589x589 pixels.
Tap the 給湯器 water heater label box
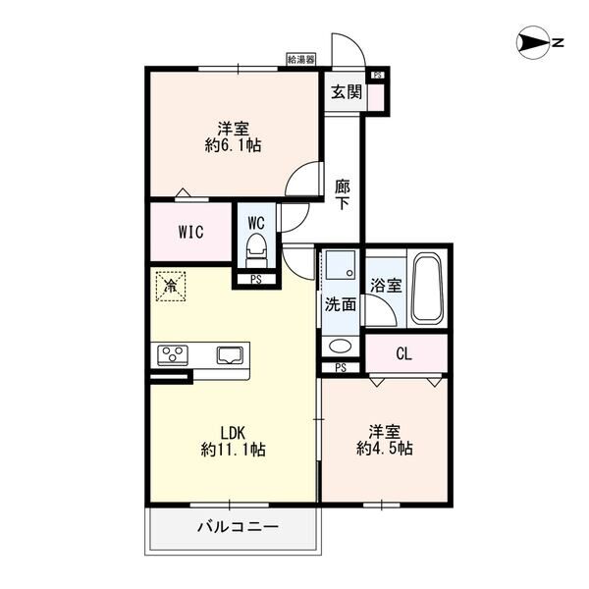point(301,59)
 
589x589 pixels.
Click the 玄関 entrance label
point(347,91)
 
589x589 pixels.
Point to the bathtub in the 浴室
point(426,289)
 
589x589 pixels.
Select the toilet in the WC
point(256,251)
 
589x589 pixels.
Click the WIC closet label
point(190,232)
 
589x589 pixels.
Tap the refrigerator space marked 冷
point(171,287)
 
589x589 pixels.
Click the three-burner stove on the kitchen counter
point(173,355)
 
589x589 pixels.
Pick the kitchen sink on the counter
point(230,355)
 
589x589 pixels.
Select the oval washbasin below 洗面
point(341,346)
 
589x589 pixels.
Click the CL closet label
point(403,353)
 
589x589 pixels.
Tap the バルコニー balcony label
point(239,527)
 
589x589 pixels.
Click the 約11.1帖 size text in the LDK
point(233,450)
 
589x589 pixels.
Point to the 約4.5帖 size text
point(384,449)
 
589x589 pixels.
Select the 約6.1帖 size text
point(233,144)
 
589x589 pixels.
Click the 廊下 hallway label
point(343,195)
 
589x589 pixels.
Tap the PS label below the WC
point(256,280)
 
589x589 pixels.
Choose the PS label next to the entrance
point(378,75)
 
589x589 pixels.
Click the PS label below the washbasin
point(341,368)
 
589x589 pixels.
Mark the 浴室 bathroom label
point(386,286)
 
